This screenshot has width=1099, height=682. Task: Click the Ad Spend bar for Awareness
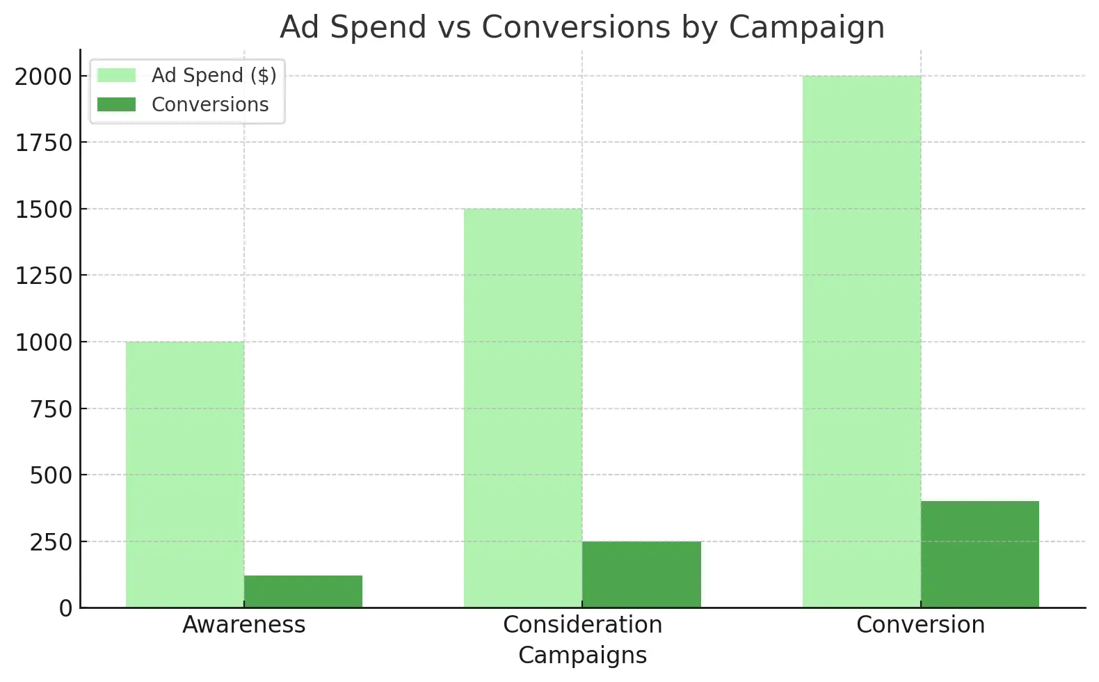pyautogui.click(x=185, y=475)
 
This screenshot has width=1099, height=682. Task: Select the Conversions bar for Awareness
pyautogui.click(x=303, y=592)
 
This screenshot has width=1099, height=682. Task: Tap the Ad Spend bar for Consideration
pyautogui.click(x=523, y=408)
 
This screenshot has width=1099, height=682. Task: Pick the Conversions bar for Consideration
pyautogui.click(x=641, y=574)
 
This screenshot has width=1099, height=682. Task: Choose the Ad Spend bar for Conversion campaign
pyautogui.click(x=862, y=342)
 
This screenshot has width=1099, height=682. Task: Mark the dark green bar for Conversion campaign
pyautogui.click(x=980, y=554)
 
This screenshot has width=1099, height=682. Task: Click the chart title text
pyautogui.click(x=582, y=28)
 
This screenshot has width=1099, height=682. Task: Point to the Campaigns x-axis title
pyautogui.click(x=582, y=656)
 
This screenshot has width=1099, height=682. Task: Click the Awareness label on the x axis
pyautogui.click(x=244, y=625)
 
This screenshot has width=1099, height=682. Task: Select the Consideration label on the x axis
pyautogui.click(x=582, y=625)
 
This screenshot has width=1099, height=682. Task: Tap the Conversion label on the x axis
pyautogui.click(x=920, y=625)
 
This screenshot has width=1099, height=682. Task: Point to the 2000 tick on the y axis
pyautogui.click(x=43, y=77)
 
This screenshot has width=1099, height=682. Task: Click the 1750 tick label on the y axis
pyautogui.click(x=43, y=143)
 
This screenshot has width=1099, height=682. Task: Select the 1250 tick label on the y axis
pyautogui.click(x=43, y=276)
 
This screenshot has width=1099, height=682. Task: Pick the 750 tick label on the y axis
pyautogui.click(x=51, y=409)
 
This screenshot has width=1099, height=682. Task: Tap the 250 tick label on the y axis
pyautogui.click(x=51, y=542)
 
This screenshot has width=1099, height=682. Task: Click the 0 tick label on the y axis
pyautogui.click(x=65, y=608)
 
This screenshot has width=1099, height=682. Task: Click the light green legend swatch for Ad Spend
pyautogui.click(x=116, y=75)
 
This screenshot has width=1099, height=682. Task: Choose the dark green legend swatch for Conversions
pyautogui.click(x=116, y=104)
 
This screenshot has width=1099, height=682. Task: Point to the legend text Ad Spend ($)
pyautogui.click(x=214, y=75)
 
